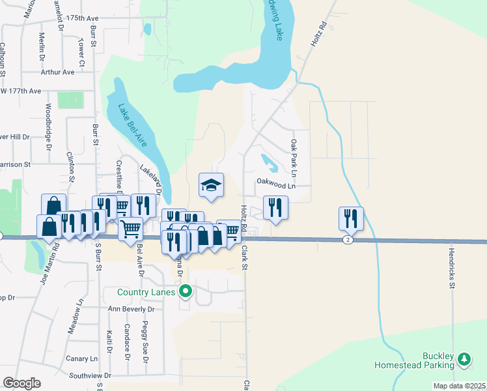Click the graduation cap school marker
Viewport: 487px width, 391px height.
point(211,185)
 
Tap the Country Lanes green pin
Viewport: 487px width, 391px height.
point(186,291)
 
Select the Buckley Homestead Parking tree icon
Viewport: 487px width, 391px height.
point(464,359)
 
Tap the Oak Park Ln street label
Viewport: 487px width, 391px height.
point(294,158)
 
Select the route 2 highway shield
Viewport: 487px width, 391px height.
point(348,240)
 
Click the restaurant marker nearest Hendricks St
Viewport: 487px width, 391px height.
point(351,219)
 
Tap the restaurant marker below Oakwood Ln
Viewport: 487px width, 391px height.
point(275,208)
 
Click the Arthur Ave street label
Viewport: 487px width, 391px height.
point(58,72)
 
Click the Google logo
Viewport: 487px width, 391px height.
point(22,383)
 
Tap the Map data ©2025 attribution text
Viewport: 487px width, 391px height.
point(460,386)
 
